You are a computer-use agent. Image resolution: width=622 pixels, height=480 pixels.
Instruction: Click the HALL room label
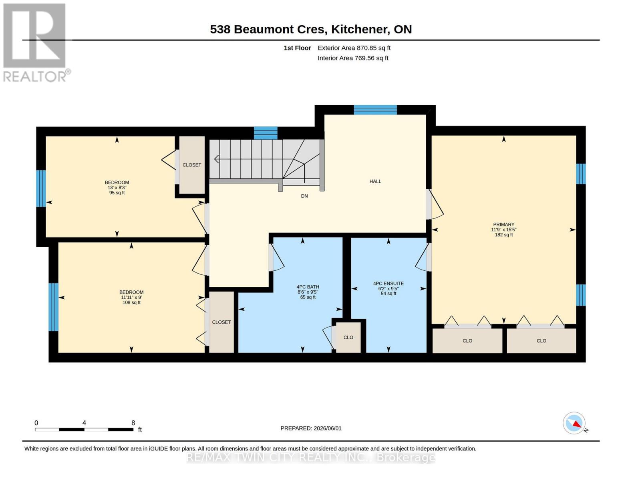[375, 181]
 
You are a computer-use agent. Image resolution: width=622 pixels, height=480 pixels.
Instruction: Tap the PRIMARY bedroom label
[503, 224]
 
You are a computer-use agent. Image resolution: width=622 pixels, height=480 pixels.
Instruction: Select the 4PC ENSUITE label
[388, 283]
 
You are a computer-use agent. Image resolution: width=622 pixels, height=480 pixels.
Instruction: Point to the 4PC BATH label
[308, 287]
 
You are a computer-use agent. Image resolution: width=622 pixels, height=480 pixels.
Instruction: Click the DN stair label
[304, 196]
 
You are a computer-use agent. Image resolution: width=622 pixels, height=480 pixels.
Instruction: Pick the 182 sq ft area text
[503, 235]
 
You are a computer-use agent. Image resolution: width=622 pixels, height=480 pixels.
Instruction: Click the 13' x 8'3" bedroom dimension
[117, 188]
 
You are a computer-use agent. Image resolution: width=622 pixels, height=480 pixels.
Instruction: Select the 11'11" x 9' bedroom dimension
[131, 297]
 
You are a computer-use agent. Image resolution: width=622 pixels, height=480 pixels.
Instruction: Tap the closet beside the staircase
[192, 165]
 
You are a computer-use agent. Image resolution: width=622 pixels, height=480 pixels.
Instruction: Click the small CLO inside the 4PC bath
[348, 337]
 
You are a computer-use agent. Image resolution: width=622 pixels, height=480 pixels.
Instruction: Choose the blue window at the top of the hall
[375, 110]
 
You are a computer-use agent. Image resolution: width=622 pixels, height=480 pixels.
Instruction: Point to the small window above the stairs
[266, 133]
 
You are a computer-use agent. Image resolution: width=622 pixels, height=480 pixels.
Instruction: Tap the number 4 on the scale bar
[84, 423]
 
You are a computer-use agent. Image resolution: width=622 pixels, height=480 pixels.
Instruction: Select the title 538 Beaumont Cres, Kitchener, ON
[311, 29]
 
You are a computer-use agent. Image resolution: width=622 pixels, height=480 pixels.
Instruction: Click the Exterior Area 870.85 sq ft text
[354, 48]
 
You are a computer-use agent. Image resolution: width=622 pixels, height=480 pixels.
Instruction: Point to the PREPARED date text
[311, 428]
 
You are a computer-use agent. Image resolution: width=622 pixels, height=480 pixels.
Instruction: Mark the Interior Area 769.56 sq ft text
[353, 58]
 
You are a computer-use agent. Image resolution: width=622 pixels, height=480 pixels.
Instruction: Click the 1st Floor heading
[297, 48]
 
